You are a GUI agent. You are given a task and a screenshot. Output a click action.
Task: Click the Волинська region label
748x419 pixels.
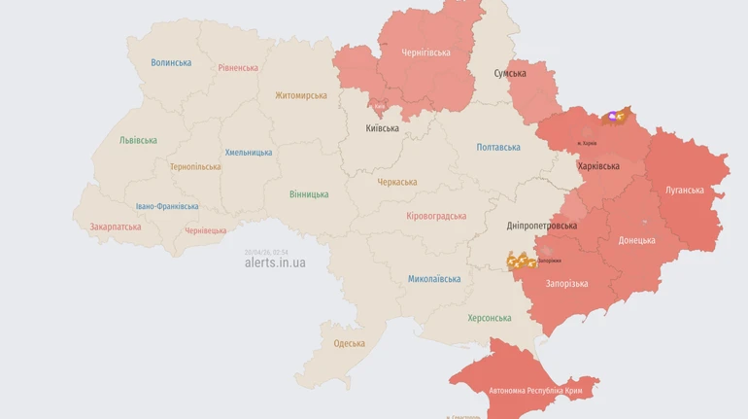point(171,63)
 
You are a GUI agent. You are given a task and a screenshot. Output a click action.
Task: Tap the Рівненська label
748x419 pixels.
point(238,68)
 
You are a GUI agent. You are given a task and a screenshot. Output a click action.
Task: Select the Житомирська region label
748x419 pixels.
point(300,95)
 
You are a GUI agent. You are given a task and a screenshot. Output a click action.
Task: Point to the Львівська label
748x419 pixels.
point(138,140)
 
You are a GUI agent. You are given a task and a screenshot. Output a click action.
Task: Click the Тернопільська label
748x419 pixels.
point(195,166)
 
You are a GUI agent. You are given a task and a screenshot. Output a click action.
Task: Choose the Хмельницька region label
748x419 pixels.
point(249,153)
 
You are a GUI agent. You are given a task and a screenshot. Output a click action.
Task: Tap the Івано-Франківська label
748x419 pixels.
point(167,206)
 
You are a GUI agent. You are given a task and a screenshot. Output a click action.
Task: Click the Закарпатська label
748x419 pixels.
point(115,227)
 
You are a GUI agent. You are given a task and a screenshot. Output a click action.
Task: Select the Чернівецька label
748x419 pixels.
point(205,230)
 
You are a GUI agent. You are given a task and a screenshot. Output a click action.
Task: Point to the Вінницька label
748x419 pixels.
point(309,194)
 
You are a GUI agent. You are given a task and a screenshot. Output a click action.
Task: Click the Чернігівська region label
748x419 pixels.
point(425,52)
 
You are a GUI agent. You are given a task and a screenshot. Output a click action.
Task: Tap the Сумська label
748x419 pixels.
point(510,73)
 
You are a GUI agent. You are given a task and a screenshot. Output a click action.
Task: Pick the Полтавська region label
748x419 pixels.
point(498,148)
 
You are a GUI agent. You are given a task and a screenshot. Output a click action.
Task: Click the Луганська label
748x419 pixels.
point(684,190)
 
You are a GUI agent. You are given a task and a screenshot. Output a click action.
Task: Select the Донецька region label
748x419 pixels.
point(636,240)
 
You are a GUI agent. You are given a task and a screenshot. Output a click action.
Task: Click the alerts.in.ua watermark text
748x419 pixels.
point(275,262)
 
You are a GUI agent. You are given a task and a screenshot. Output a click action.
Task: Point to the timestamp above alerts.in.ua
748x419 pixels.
point(266,252)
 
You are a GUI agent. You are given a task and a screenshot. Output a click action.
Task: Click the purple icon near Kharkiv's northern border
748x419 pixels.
point(612,117)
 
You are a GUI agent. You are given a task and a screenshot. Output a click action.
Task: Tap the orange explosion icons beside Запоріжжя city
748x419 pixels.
point(521,261)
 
